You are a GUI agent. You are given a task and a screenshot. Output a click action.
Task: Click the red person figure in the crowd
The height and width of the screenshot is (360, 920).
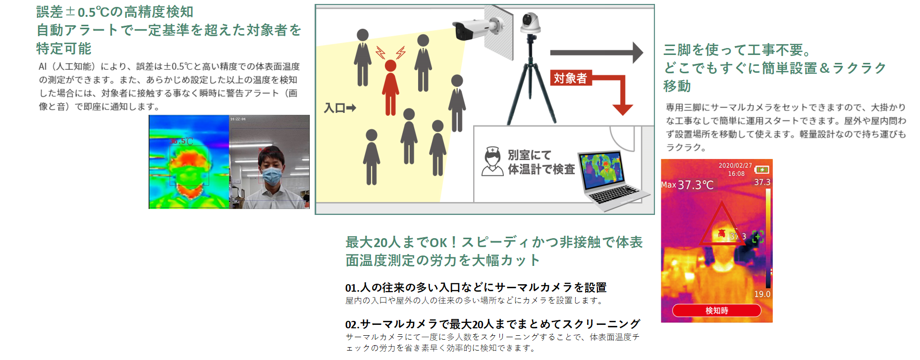tap(390, 87)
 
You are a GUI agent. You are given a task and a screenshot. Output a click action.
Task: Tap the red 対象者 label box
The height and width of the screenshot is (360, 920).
tap(570, 78)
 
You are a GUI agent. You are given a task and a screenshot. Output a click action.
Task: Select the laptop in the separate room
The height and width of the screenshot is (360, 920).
tap(612, 179)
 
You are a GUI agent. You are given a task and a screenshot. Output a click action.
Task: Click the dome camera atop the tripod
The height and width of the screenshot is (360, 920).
tap(530, 22)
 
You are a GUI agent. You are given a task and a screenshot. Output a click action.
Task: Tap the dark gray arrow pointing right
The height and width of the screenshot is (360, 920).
tap(596, 52)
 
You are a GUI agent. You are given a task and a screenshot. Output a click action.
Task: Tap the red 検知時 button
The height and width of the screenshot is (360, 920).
tap(716, 310)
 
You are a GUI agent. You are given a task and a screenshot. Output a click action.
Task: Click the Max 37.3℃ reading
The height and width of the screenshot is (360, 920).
tap(687, 185)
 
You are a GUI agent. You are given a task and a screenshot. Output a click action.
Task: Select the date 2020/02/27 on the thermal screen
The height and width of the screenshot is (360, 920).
tap(735, 165)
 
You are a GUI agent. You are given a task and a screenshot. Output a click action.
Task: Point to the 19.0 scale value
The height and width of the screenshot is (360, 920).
tap(762, 294)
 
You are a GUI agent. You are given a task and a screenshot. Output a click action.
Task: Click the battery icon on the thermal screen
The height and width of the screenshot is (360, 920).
tap(761, 169)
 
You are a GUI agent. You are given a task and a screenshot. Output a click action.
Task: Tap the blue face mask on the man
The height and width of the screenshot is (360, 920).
tap(271, 175)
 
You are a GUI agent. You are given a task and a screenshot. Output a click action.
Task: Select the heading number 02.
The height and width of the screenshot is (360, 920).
tap(352, 324)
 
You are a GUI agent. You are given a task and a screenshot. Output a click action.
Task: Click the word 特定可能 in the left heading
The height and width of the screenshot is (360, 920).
tap(64, 49)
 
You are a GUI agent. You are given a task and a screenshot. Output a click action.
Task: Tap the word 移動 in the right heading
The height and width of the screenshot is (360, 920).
tap(677, 86)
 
